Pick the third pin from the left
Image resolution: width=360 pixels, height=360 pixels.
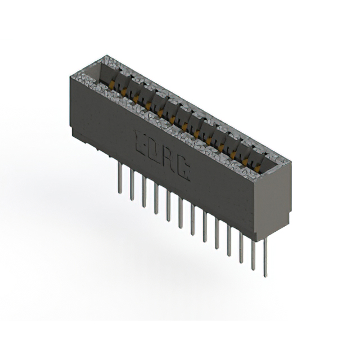pyautogui.click(x=143, y=191)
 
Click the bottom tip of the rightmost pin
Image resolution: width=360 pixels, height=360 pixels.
pyautogui.click(x=265, y=276)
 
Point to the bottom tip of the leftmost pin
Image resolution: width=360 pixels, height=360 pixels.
pyautogui.click(x=120, y=193)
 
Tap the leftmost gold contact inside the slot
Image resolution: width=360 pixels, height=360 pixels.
pyautogui.click(x=116, y=84)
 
